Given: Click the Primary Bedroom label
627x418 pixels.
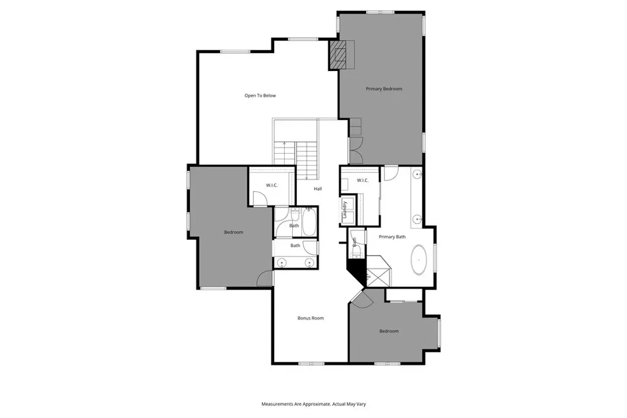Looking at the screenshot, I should tap(384, 89).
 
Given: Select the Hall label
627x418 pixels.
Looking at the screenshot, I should tap(318, 188).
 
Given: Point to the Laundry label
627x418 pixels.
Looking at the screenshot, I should tap(345, 210).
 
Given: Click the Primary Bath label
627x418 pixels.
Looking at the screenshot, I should tap(392, 237).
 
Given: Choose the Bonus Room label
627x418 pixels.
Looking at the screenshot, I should tap(310, 318).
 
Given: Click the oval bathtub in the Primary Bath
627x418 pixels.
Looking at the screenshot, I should tap(419, 259).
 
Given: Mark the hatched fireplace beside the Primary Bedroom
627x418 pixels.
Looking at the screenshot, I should tap(342, 54).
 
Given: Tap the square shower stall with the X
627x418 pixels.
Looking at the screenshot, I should tap(378, 272).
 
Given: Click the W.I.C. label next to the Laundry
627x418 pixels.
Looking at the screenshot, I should tap(362, 180).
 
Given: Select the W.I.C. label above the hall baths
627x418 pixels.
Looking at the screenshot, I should tap(272, 185).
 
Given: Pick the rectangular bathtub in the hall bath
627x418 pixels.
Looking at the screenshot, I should tap(309, 223).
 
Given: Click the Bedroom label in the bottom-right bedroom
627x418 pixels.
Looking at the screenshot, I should tap(389, 331).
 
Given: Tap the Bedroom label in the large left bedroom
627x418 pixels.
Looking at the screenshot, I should tap(233, 232).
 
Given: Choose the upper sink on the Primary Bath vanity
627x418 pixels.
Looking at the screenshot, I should tap(418, 175).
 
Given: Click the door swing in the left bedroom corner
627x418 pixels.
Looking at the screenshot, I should tap(265, 278).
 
